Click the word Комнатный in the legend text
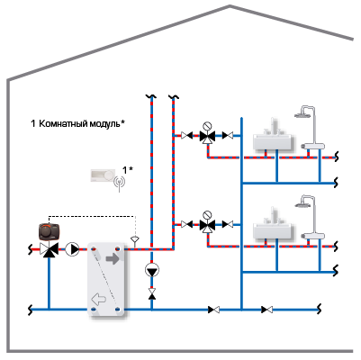pos(64,123)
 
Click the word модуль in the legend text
pos(105,123)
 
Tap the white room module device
pos(103,175)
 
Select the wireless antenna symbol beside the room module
pos(120,183)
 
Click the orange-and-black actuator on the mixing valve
pos(49,231)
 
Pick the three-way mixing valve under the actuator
pos(49,249)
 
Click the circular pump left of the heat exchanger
pos(72,249)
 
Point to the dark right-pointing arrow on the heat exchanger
pos(113,259)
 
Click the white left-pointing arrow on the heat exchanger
pos(99,299)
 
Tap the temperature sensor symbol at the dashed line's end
pos(135,240)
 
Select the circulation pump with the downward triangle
pos(152,270)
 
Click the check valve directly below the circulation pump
pos(152,293)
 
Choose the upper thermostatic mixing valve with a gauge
pos(207,134)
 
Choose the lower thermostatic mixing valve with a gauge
pos(207,223)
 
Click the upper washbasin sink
pos(273,139)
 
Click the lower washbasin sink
pos(273,228)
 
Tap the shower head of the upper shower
pos(302,115)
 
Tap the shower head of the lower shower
pos(302,204)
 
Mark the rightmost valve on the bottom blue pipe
pos(267,310)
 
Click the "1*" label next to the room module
pos(128,170)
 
